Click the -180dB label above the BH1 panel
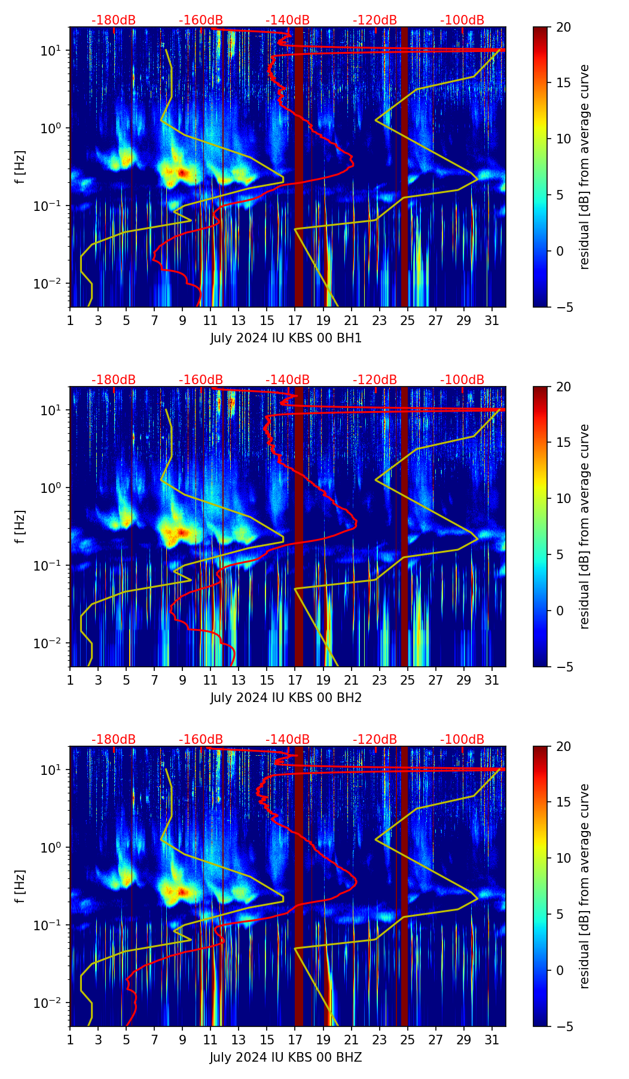(114, 20)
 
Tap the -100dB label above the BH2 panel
(462, 380)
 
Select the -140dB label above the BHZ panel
(288, 740)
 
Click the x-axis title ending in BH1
(286, 338)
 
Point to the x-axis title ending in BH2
(286, 698)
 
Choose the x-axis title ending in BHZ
(286, 1057)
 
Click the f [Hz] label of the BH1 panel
(20, 167)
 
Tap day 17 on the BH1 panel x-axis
(295, 320)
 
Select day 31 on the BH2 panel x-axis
(492, 679)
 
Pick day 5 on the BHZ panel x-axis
(127, 1039)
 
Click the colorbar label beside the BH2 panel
(585, 526)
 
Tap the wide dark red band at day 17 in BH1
(299, 179)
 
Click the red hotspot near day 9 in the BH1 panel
(183, 173)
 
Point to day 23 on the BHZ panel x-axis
(380, 1039)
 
